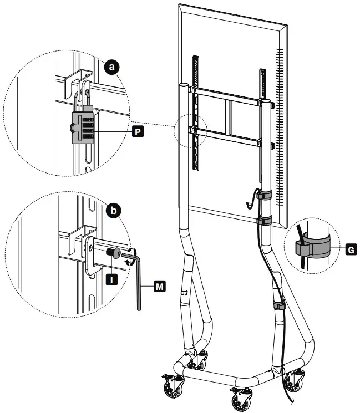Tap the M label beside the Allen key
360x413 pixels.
160,286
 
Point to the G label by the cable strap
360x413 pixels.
350,250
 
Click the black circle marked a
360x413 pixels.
113,68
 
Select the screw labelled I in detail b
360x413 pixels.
113,253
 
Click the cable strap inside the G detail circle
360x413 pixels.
310,248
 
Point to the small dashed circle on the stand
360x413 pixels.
190,132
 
